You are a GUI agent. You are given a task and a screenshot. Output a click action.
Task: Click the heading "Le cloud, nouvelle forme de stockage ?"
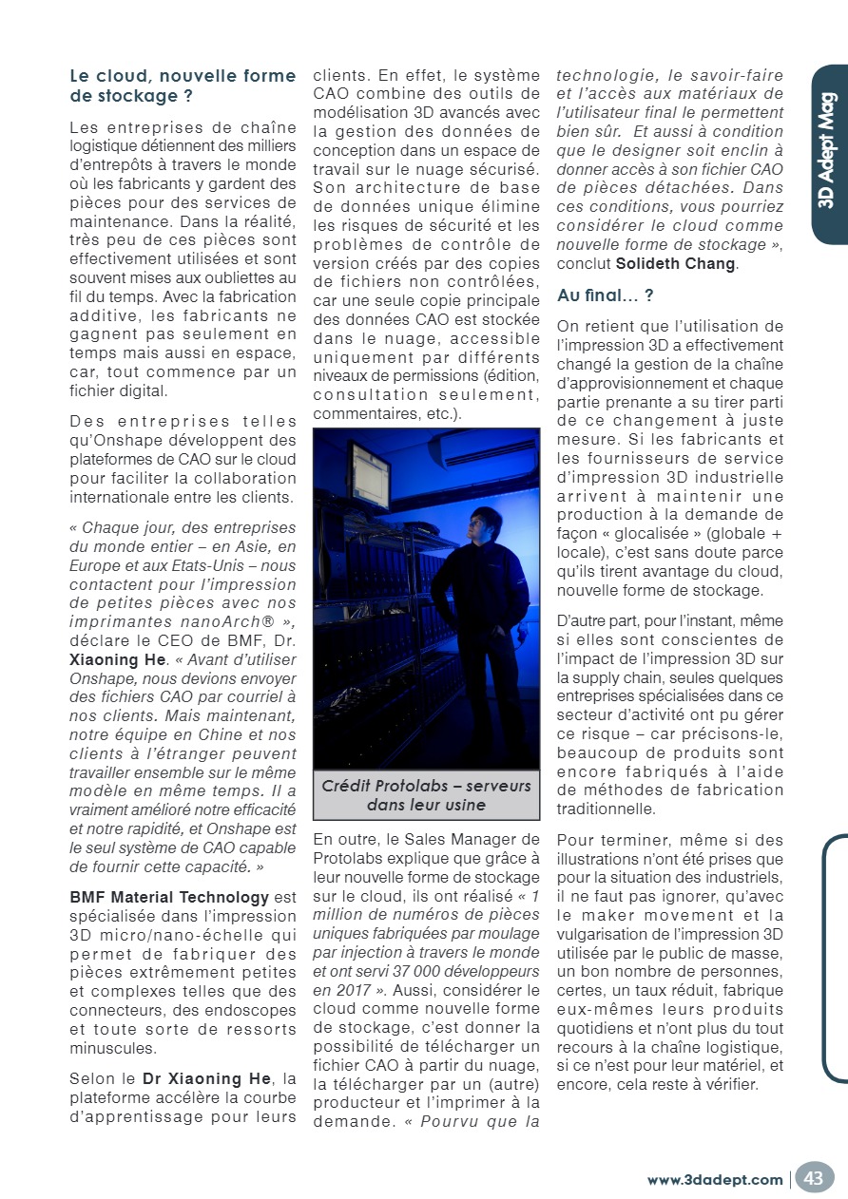coord(183,86)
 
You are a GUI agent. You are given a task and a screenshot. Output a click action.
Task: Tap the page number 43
coord(814,1178)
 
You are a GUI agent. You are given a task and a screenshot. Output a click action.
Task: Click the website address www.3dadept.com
coord(715,1180)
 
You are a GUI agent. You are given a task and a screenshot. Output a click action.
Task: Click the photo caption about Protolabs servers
coord(426,795)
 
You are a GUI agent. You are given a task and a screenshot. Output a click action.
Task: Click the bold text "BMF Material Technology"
coord(169,897)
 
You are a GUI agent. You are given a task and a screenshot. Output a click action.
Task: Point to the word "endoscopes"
coord(253,1012)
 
